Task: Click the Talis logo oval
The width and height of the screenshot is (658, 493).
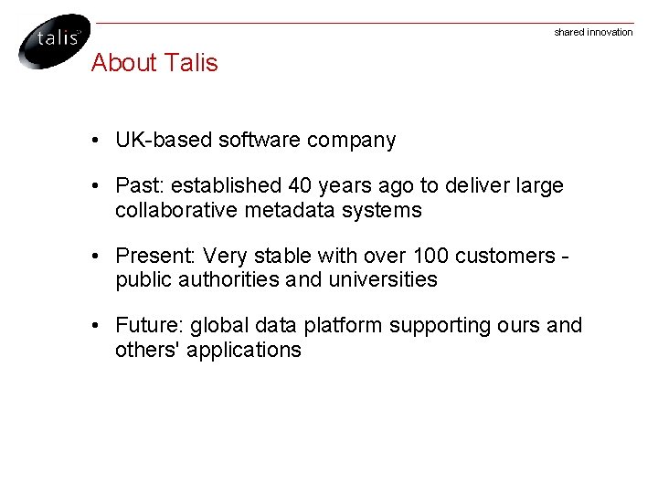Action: coord(54,40)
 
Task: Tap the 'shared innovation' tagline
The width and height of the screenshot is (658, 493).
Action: coord(593,33)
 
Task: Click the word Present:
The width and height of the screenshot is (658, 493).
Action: coord(156,256)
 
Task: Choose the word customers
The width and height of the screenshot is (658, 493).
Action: coord(510,256)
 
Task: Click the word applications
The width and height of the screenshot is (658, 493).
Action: coord(244,350)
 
